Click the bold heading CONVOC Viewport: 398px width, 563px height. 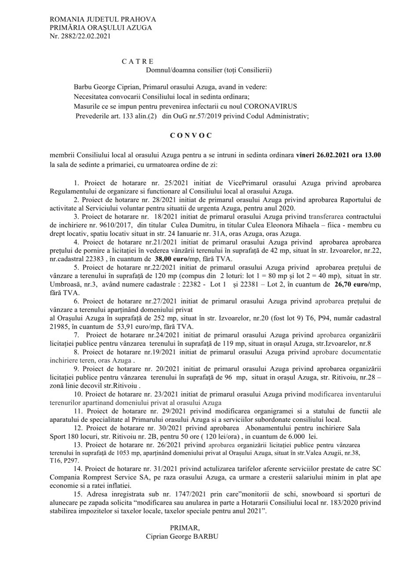(x=191, y=135)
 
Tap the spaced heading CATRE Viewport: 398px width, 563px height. (x=138, y=61)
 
